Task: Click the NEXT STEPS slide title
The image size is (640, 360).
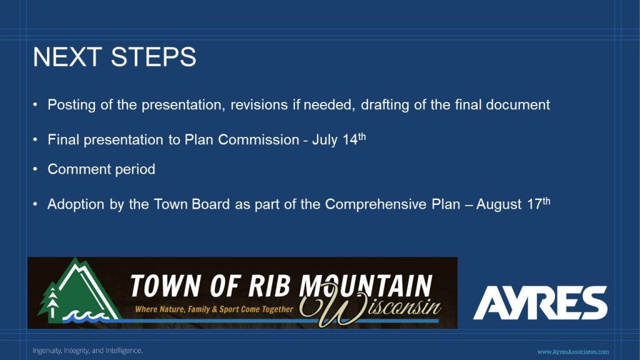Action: pos(115,57)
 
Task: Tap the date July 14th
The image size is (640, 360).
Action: pos(339,139)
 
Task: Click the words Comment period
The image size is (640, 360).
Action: pos(101,169)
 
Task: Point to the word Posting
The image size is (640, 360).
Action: pos(71,105)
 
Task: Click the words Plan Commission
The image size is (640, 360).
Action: pos(242,139)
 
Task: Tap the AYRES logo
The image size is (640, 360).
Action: pos(540,302)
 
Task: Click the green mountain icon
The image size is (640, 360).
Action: pos(79,291)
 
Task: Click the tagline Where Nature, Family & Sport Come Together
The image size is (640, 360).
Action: pos(214,309)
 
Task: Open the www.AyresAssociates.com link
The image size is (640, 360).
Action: pos(573,352)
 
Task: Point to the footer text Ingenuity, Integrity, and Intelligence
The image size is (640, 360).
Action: pos(87,351)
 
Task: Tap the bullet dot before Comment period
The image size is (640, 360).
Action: pos(35,169)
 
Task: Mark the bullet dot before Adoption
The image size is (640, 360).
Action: pos(35,203)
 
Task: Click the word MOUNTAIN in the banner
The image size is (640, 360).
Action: pos(366,286)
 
